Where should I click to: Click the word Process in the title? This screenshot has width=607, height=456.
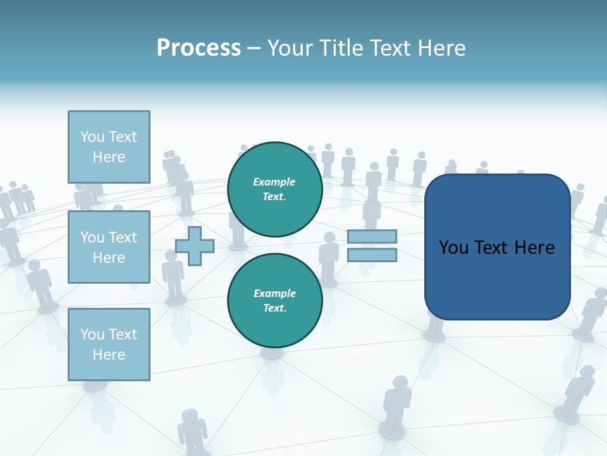coord(199,48)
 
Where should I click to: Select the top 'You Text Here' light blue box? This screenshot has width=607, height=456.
coord(109,146)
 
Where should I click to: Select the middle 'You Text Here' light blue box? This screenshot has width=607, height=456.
coord(109,247)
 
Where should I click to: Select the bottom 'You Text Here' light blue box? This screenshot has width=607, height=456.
coord(109,344)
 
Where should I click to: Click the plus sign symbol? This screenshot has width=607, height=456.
coord(194,246)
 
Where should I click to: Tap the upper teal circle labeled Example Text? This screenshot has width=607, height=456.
coord(274,189)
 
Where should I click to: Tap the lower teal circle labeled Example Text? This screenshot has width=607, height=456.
coord(274,300)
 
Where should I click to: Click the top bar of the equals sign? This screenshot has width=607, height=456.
coord(372,237)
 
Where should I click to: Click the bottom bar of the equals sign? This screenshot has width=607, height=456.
coord(372,255)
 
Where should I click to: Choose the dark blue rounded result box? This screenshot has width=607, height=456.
coord(497,279)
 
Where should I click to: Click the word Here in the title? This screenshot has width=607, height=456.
coord(442,48)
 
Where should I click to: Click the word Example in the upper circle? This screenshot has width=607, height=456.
coord(274,182)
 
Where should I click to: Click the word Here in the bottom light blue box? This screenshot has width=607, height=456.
coord(109,355)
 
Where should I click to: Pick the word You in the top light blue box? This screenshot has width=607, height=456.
coord(92,137)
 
